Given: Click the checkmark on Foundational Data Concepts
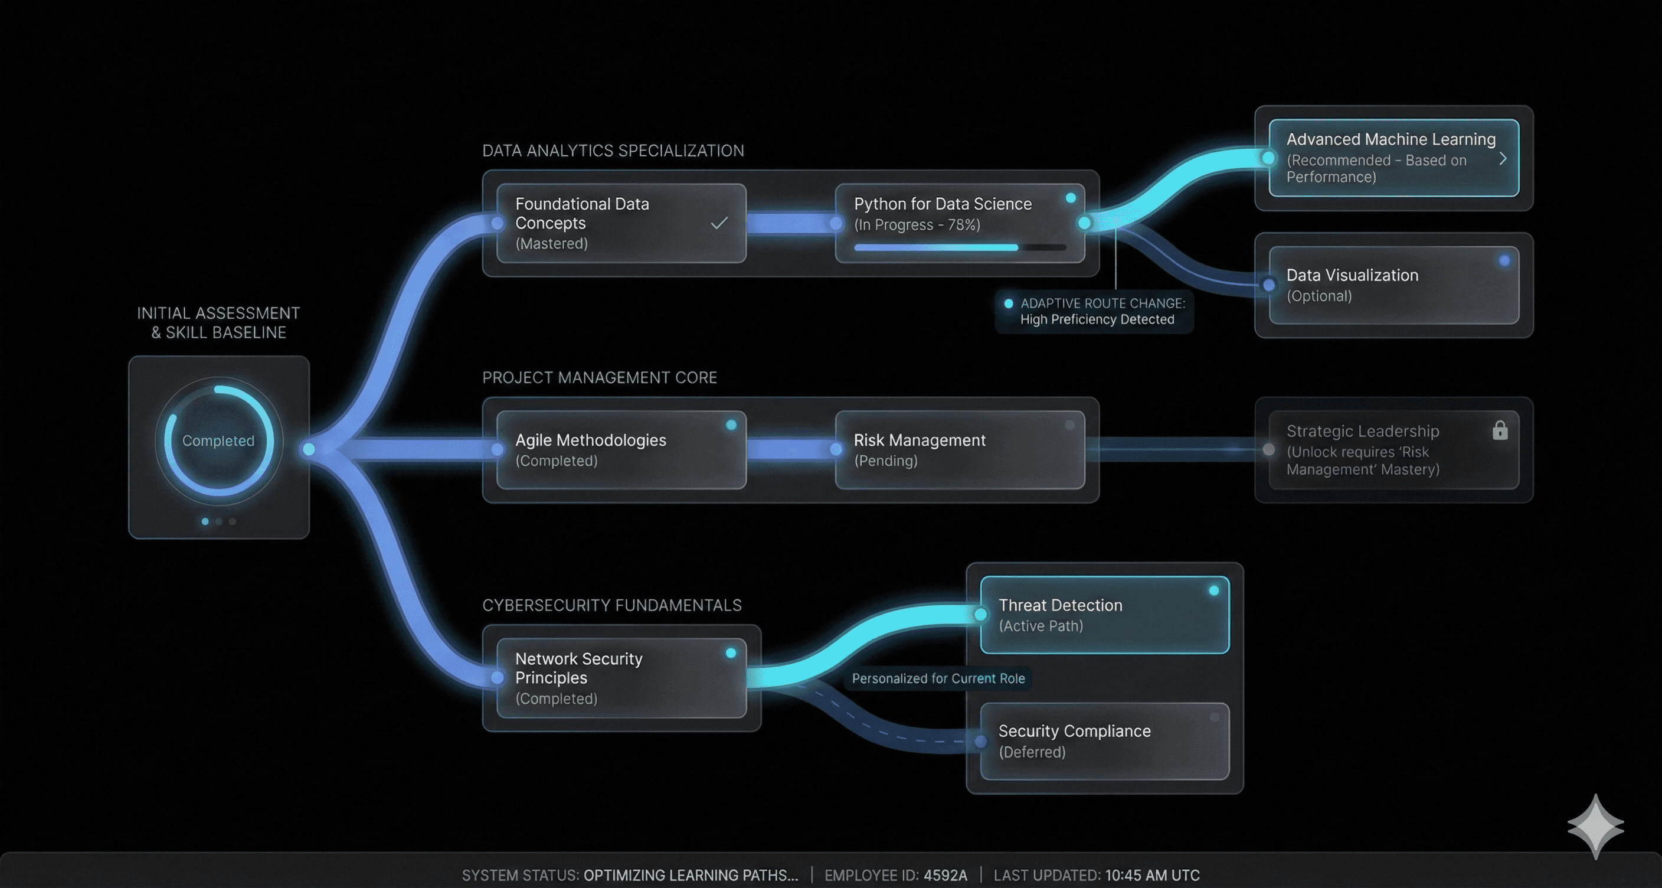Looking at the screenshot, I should click(719, 223).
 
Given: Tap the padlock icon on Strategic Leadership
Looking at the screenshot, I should click(1500, 430).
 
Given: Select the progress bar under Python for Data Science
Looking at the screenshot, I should click(960, 247).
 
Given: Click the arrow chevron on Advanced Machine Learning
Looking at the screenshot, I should click(1503, 159).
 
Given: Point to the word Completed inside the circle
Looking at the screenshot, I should click(218, 441).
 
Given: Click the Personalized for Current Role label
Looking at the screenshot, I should click(938, 678).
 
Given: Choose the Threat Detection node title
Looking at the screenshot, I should click(1060, 605).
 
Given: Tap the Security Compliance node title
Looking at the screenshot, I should click(1074, 731).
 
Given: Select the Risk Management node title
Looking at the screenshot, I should click(920, 440).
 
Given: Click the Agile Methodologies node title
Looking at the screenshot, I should click(590, 440).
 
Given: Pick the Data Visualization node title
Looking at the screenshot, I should click(1352, 276).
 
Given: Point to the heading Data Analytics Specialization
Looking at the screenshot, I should click(613, 151).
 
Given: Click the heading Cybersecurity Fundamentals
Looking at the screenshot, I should click(611, 605).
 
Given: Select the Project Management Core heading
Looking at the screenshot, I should click(600, 377).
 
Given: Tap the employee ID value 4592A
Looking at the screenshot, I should click(945, 876).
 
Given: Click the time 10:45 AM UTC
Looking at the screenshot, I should click(1152, 876).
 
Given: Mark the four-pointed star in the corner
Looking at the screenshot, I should click(1595, 827).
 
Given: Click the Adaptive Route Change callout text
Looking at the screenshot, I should click(1102, 311).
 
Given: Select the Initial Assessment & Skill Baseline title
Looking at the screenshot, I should click(218, 323).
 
